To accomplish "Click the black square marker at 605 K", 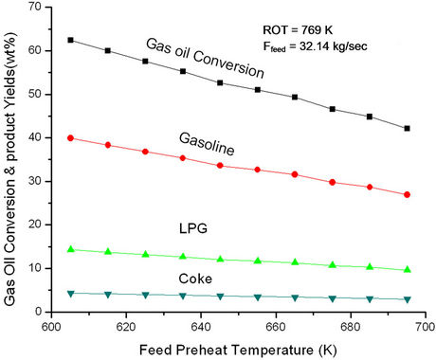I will pyautogui.click(x=70, y=41).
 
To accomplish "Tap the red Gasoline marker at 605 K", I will pyautogui.click(x=70, y=138).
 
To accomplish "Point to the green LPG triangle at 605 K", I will pyautogui.click(x=70, y=249).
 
